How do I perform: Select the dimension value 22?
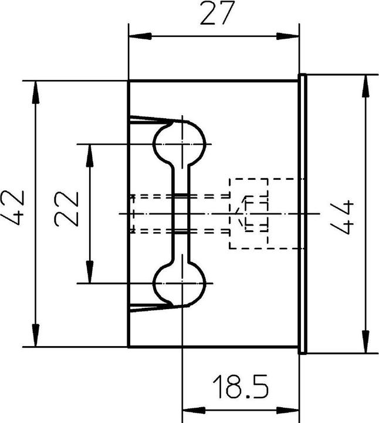(66, 209)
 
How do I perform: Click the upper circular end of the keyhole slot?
(180, 143)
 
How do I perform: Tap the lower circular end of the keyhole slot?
(180, 284)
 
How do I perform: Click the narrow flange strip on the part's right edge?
(303, 214)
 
